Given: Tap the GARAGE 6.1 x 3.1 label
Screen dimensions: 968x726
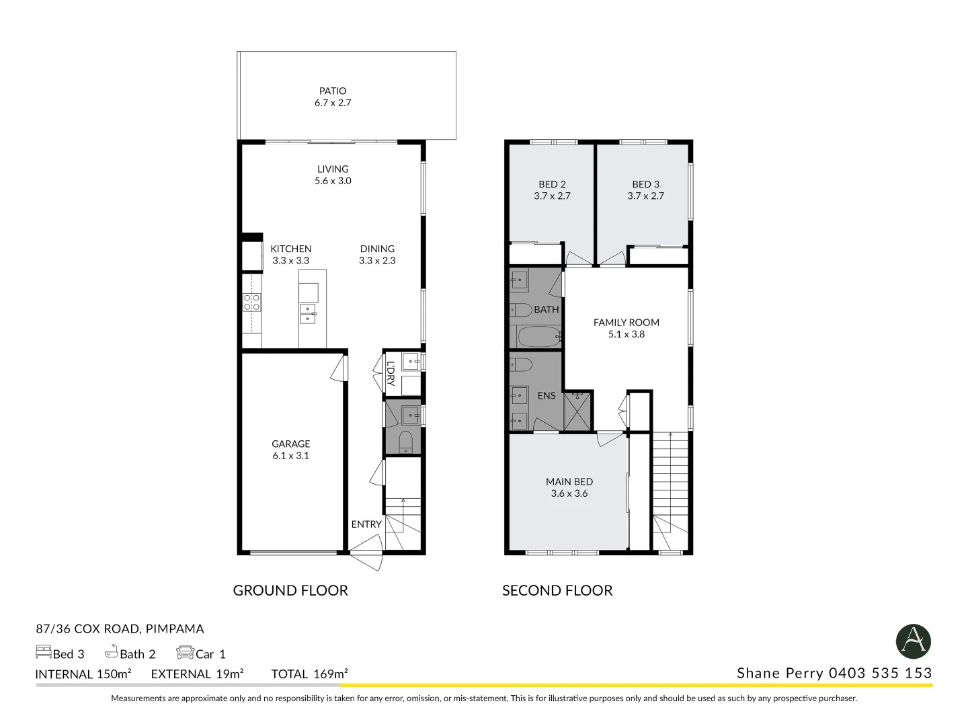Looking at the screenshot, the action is point(290,450).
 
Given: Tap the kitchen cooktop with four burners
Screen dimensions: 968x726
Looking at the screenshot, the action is point(252,302).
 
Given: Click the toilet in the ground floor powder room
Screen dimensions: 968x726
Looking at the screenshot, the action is point(405,442).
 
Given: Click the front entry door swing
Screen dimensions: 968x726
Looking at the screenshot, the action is point(367,552).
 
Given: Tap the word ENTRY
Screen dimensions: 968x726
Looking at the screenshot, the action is point(366,524).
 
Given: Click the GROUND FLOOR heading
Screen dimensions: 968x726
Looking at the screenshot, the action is point(290,591).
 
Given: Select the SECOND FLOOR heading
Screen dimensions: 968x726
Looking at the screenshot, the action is point(557,591).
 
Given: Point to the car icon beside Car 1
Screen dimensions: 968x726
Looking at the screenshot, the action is point(186,653).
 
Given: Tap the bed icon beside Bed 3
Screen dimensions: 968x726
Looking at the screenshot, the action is point(43,652).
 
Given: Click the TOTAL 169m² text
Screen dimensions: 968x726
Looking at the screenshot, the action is point(310,674).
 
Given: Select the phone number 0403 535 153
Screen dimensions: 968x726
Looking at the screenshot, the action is point(880,673).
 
